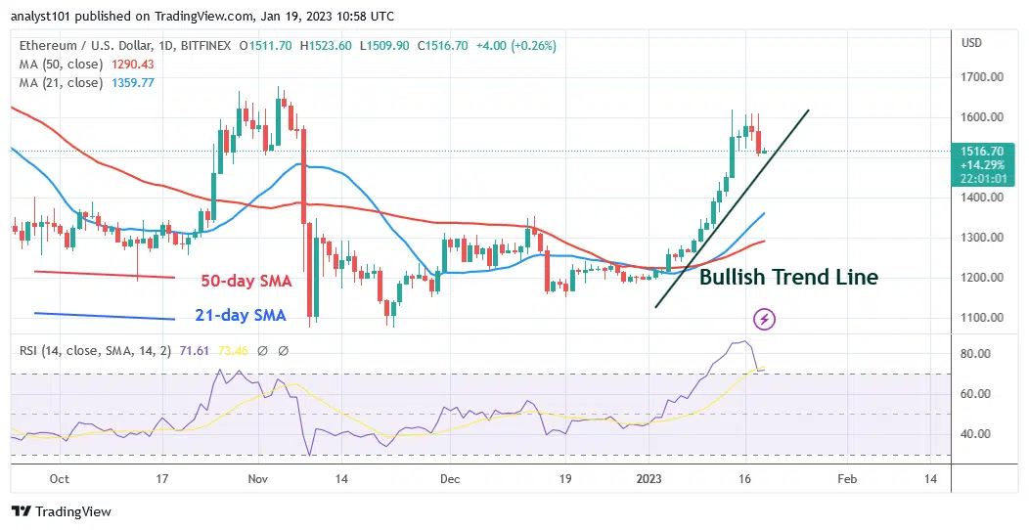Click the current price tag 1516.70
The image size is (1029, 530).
click(984, 153)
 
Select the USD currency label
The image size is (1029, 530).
click(972, 43)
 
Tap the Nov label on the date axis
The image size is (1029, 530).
click(258, 479)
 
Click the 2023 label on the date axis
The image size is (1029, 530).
click(649, 479)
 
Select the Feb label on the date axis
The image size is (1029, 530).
click(848, 479)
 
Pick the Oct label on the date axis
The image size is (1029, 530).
click(59, 479)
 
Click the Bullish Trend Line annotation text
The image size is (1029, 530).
click(788, 278)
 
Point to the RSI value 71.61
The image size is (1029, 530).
click(192, 350)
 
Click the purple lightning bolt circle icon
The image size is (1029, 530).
click(765, 319)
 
